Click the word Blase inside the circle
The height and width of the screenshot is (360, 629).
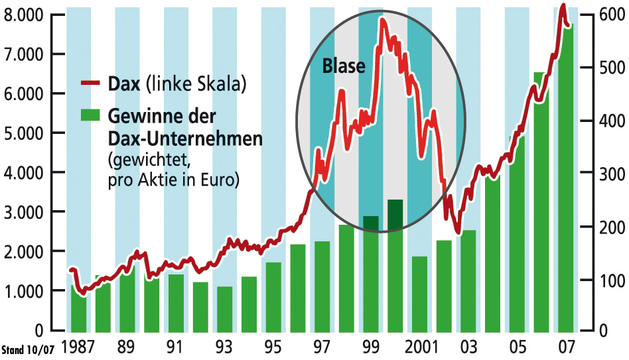344,66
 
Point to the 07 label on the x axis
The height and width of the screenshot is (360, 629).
567,347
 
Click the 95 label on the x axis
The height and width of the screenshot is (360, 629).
273,347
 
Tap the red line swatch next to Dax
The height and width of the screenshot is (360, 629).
88,84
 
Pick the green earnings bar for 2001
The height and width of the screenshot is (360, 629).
419,292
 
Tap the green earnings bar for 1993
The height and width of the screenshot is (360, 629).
225,308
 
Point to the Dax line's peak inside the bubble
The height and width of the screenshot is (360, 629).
382,19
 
